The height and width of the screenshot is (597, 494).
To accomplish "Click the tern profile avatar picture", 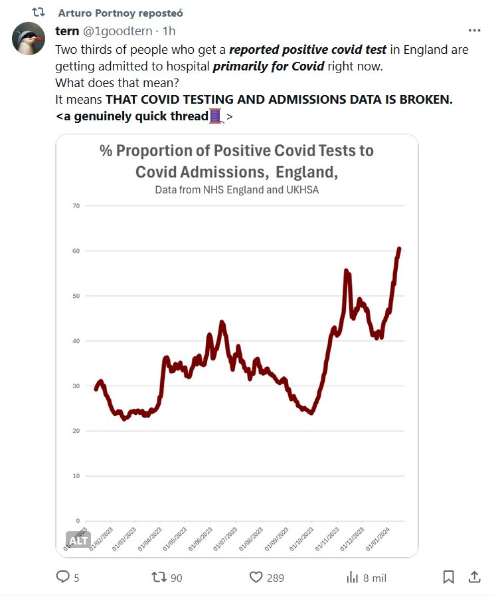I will tap(29, 38).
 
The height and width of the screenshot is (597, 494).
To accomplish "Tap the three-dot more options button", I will tap(474, 31).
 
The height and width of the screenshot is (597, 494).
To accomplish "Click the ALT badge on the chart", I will tap(78, 540).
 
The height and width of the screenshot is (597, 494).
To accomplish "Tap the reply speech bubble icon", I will tap(63, 577).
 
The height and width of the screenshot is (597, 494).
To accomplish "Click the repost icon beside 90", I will tap(159, 577).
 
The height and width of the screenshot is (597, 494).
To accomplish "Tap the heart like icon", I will tap(256, 577).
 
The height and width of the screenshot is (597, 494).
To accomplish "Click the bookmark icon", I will tap(449, 577).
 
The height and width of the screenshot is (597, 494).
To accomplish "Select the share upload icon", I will tap(474, 577).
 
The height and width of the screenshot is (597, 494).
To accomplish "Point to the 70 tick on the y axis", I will tap(76, 206).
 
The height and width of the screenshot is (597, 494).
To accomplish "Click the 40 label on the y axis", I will tap(76, 341).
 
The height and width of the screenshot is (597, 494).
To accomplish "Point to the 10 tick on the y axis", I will tap(76, 476).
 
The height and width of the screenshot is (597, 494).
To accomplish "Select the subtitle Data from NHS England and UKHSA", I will tap(236, 190).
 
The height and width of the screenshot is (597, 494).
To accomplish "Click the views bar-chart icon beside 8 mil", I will tap(353, 577).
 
